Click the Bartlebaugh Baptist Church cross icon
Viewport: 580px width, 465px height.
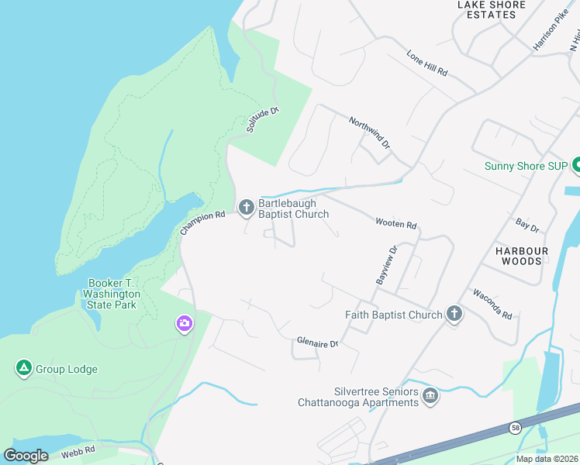[247, 207]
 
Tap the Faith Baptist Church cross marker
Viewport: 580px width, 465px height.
[454, 314]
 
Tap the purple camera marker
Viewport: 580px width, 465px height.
[184, 323]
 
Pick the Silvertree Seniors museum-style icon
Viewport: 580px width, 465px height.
[430, 398]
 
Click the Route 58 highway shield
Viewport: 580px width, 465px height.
[515, 428]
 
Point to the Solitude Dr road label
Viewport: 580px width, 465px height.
[262, 120]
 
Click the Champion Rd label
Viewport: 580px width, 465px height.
[202, 222]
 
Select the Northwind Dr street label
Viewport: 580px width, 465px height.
[369, 133]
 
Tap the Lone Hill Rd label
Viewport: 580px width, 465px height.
[427, 63]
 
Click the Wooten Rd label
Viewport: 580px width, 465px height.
[396, 225]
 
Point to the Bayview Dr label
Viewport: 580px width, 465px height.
[386, 265]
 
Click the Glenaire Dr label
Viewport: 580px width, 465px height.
[318, 343]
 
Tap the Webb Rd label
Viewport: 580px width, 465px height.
[79, 450]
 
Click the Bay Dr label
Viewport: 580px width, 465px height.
[527, 225]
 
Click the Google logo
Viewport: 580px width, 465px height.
[26, 456]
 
